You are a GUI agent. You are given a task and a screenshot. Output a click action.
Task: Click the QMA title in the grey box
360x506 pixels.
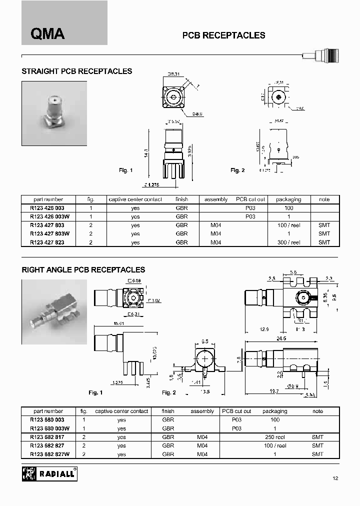click(x=48, y=33)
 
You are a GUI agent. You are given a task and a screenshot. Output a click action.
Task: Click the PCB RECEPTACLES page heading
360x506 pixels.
click(x=223, y=35)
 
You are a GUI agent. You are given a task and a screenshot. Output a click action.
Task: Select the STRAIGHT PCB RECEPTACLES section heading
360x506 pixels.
click(x=76, y=71)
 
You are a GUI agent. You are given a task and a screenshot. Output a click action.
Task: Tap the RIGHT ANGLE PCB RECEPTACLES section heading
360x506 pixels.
click(x=83, y=269)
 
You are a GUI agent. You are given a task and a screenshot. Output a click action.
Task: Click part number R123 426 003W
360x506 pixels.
click(x=50, y=217)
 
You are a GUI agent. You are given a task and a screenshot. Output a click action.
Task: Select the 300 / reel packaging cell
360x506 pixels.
click(x=289, y=242)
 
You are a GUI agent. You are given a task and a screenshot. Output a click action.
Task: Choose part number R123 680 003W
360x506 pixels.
click(x=50, y=428)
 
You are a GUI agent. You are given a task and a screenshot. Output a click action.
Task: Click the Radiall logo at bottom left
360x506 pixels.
click(x=49, y=473)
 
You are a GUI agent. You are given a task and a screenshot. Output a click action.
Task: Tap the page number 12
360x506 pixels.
click(x=335, y=478)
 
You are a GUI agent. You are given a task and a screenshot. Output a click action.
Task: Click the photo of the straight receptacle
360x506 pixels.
click(x=54, y=113)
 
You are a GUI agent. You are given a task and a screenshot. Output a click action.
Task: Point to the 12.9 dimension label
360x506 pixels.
click(x=265, y=329)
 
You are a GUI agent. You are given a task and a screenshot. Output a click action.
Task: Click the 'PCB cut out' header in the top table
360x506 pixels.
click(x=250, y=199)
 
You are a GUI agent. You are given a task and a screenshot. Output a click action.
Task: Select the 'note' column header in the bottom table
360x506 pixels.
click(x=317, y=411)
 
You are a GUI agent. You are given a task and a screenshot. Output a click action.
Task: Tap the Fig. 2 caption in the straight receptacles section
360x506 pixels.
click(x=237, y=170)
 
